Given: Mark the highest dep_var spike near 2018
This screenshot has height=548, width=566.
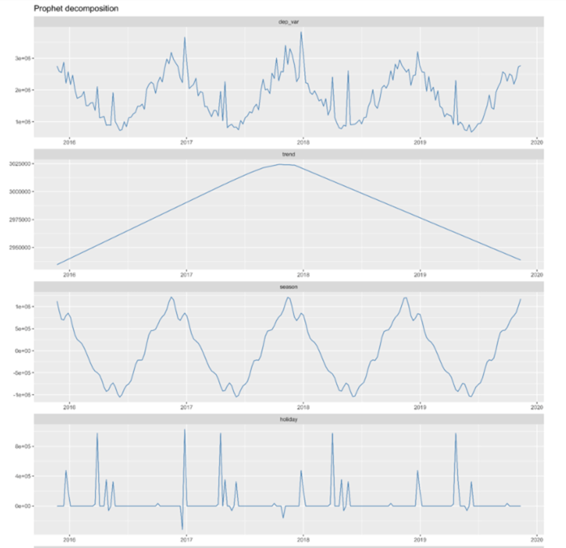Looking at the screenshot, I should tap(301, 33).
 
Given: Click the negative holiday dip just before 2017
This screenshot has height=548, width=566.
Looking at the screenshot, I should tap(182, 528).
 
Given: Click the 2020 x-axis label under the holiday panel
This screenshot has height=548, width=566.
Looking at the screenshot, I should tap(536, 539).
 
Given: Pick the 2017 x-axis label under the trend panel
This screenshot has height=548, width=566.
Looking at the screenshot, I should tap(186, 273).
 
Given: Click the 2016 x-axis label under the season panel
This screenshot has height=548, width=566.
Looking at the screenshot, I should tap(69, 407).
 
